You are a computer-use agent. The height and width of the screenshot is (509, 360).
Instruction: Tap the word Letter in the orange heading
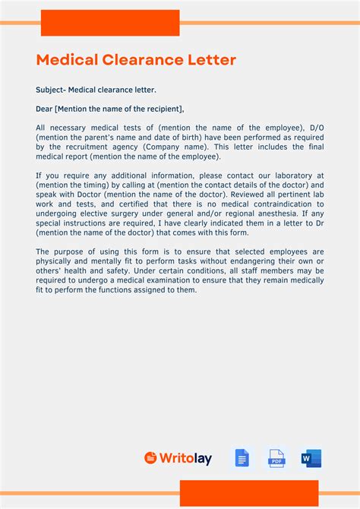pos(212,59)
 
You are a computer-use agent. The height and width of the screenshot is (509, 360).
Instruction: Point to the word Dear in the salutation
pos(44,109)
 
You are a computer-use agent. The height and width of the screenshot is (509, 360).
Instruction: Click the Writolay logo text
pos(185,458)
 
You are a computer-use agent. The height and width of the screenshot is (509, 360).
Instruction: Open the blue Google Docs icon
pos(242,458)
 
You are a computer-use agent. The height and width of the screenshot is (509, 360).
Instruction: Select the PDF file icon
pos(276,458)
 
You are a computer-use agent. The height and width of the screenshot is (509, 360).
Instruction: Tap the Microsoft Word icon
pos(311,458)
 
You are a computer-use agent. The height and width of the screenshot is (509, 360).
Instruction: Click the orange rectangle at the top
pos(110,23)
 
